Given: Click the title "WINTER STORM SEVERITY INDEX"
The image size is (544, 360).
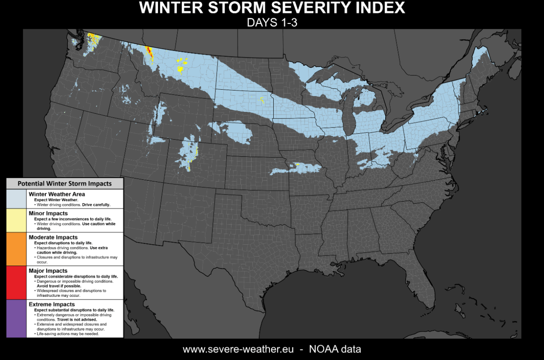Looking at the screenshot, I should pos(272,8).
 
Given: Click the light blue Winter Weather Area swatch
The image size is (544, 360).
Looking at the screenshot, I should pos(16,199).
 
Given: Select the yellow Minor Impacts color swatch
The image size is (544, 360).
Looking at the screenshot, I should pos(16,220).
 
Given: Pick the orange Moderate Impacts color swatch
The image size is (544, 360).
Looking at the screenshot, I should pos(16,249).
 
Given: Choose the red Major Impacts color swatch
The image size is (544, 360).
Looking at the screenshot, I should pos(16,283).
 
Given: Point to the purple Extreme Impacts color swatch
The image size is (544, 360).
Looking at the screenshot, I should pos(16,318).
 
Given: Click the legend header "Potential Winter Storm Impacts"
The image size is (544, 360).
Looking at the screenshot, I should pos(64,183).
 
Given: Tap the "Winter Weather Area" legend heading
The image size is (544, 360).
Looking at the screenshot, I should pos(57,194).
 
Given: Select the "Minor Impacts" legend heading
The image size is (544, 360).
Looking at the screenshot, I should pos(48,213).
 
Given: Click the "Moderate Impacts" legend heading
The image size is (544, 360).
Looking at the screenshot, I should pos(53,237).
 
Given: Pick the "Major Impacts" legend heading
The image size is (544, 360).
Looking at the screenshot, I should pos(48,271).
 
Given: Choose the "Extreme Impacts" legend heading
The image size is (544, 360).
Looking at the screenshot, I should pos(51,304).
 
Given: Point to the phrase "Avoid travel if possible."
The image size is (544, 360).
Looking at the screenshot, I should pos(59,286).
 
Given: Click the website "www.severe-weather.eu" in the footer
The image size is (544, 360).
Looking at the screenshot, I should pos(238,349).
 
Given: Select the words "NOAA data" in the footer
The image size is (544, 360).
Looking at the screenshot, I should pos(335,349).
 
